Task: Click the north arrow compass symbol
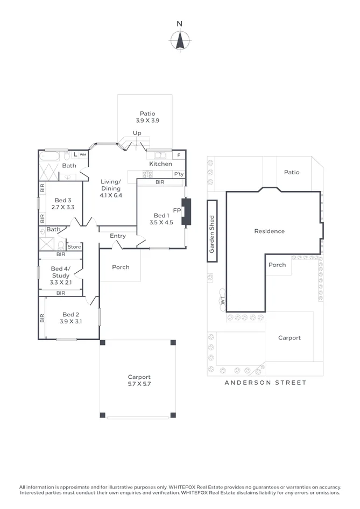pos(180,40)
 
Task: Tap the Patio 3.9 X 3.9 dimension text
pos(147,121)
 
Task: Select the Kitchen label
pos(160,164)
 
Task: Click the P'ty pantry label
pos(179,174)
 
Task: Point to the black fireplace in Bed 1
pos(186,211)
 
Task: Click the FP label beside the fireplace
pos(177,210)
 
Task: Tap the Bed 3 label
pos(63,200)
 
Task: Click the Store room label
pos(74,247)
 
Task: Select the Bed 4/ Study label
pos(61,272)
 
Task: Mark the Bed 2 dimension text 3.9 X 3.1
pos(71,321)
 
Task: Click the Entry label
pos(117,236)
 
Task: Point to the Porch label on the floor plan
pos(121,267)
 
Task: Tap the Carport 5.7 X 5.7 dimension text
pos(139,384)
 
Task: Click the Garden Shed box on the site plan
pos(212,231)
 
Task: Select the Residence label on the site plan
pos(270,231)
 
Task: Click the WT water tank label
pos(223,301)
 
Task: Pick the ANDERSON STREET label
pos(265,383)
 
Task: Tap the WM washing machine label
pos(83,155)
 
